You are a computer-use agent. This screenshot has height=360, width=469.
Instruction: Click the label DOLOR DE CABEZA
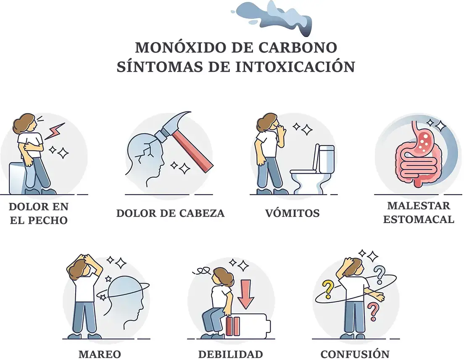[x=170, y=213]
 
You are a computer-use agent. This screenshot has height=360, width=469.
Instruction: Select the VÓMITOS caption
[x=292, y=213]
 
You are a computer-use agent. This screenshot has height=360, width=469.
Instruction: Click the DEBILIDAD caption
[x=231, y=354]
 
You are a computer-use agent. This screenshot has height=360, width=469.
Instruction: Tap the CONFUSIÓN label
[x=355, y=354]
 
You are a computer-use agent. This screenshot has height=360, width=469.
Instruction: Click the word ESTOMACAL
[x=418, y=219]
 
